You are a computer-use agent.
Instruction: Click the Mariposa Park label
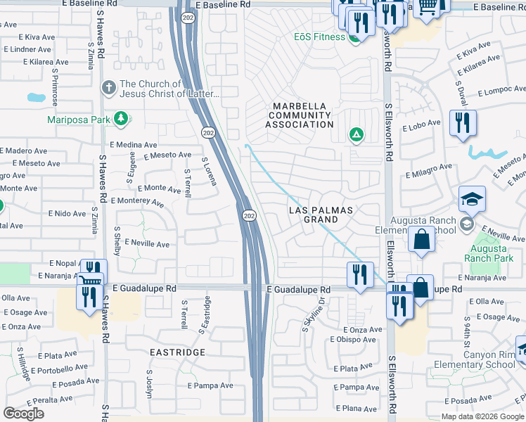(x=78, y=119)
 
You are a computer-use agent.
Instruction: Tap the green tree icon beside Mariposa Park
(x=122, y=118)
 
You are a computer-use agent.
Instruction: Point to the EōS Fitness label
(x=321, y=37)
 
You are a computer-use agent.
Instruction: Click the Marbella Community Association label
(x=300, y=115)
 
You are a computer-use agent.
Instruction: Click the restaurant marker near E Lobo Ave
(x=463, y=124)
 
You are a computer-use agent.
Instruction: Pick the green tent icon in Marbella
(x=357, y=134)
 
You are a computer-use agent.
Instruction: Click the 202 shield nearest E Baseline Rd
(x=187, y=18)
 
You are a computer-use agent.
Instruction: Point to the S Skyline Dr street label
(x=312, y=314)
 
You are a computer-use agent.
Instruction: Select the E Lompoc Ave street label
(x=501, y=92)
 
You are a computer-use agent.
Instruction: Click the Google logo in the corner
(x=24, y=414)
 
